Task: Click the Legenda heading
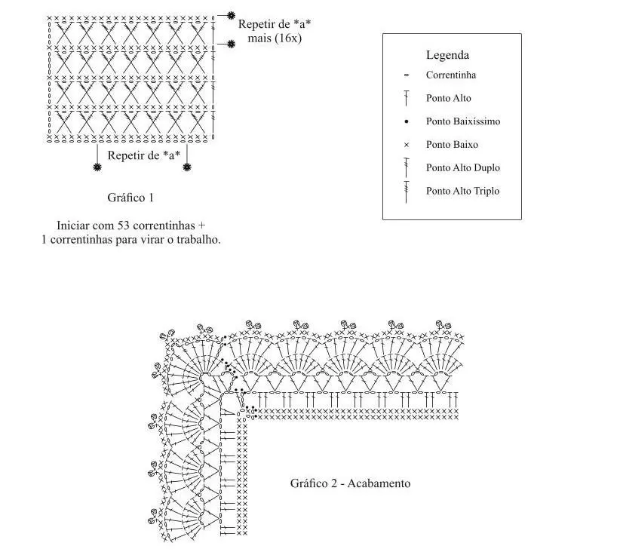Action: point(447,55)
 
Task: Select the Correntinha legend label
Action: point(450,75)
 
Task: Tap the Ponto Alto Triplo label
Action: point(462,191)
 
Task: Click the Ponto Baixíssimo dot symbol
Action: point(406,121)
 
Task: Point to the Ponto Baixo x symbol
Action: point(406,145)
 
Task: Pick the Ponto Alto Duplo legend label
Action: point(463,167)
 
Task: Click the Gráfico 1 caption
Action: point(130,198)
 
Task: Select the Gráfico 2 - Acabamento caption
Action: point(350,483)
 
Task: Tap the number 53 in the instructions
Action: point(124,225)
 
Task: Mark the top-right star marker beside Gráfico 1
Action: point(231,16)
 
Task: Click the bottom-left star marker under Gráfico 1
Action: point(97,167)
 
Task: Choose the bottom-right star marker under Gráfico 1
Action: point(187,167)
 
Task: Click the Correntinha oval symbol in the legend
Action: point(406,75)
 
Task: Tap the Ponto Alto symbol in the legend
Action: point(406,98)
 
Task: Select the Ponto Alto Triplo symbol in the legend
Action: point(406,192)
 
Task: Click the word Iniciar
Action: point(72,225)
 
